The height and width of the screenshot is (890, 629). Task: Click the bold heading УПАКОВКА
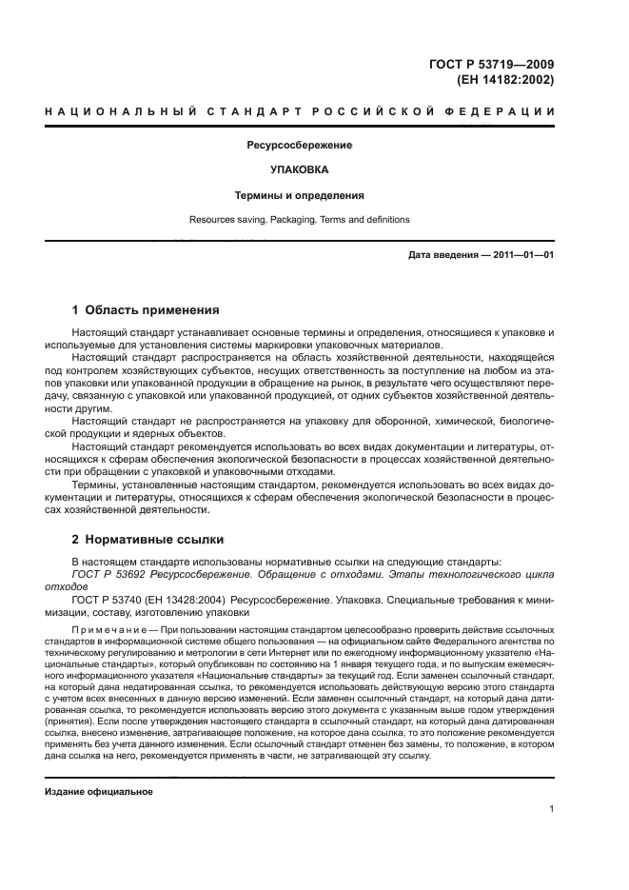click(300, 170)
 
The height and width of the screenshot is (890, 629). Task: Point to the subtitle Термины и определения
click(300, 195)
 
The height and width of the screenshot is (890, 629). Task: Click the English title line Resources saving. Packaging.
click(300, 220)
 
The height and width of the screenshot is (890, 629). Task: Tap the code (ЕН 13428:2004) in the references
click(198, 602)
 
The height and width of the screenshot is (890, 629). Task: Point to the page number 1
click(552, 810)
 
